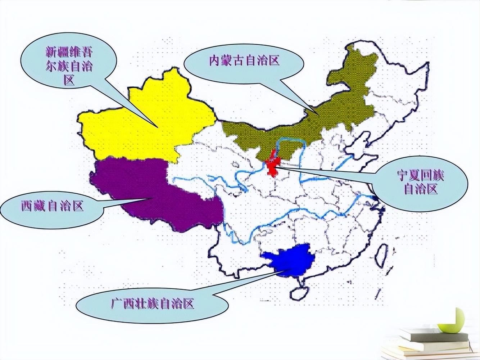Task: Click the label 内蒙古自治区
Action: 244,60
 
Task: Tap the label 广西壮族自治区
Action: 153,303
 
